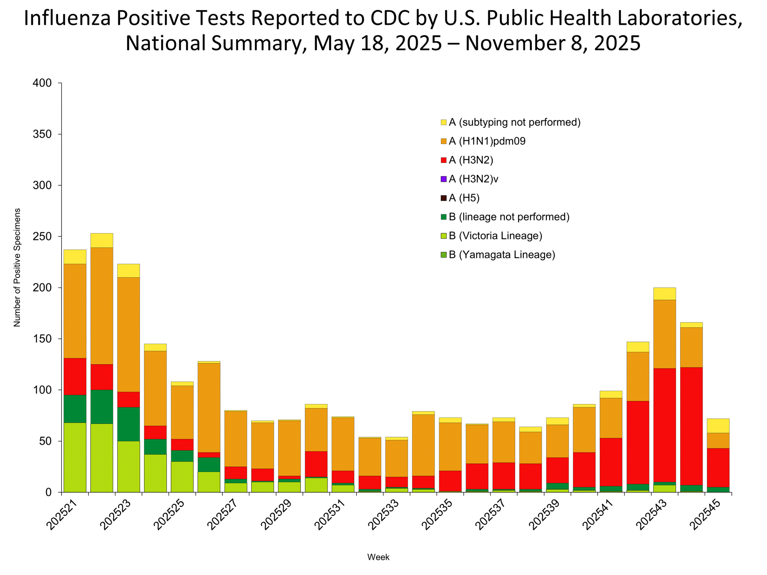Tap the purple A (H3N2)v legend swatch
(443, 179)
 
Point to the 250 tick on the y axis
(42, 236)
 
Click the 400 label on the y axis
(42, 83)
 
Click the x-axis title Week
(378, 557)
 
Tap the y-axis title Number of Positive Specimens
(17, 267)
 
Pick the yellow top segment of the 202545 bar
(718, 426)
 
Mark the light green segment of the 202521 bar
(75, 457)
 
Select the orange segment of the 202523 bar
(129, 335)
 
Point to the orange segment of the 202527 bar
(236, 438)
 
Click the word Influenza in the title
(67, 18)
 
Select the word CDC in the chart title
(390, 18)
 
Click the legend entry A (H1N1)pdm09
(487, 141)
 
